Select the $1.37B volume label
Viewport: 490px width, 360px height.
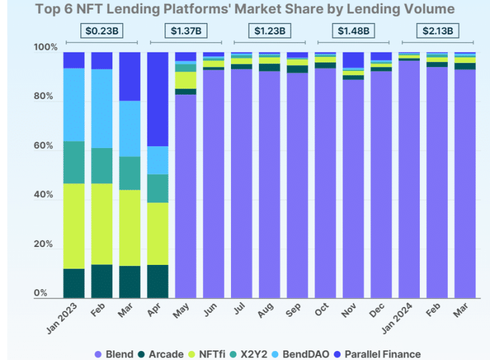pyautogui.click(x=186, y=30)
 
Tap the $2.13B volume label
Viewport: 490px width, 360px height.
pyautogui.click(x=436, y=30)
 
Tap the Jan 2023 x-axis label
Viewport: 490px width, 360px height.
pyautogui.click(x=64, y=319)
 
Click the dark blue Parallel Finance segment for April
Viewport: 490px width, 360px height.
pyautogui.click(x=158, y=99)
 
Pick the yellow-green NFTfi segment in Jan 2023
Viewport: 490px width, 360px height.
pyautogui.click(x=74, y=226)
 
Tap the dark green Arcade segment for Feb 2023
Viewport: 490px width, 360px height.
pyautogui.click(x=101, y=281)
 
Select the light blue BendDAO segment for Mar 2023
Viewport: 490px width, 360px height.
pyautogui.click(x=130, y=128)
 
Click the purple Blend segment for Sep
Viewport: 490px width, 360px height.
pyautogui.click(x=297, y=185)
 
